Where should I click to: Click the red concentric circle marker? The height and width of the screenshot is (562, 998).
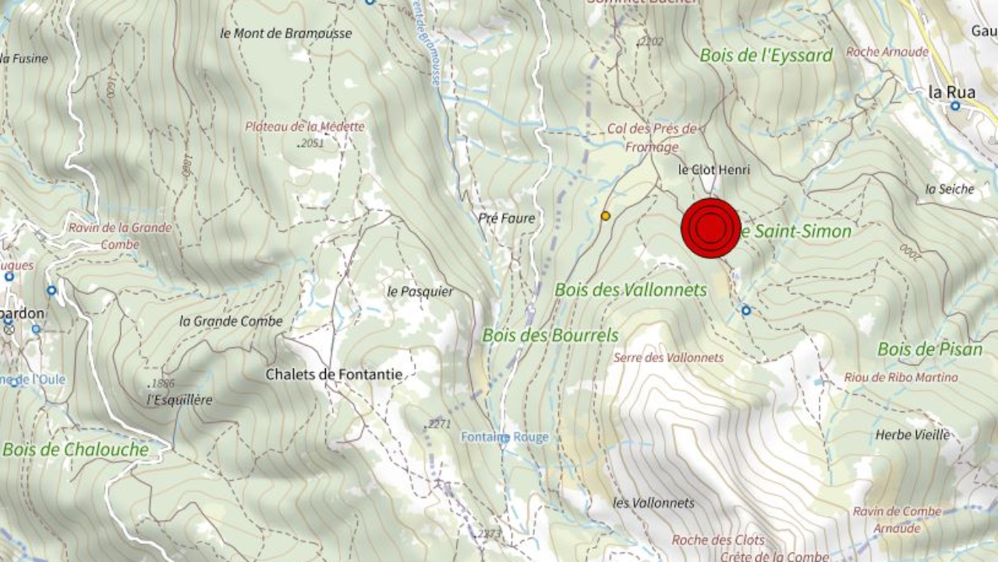710,228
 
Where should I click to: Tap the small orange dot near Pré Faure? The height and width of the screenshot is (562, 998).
605,215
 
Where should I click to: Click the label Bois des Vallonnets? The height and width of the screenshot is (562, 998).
630,290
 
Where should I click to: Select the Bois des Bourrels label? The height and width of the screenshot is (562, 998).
550,336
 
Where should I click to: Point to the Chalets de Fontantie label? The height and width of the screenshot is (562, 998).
334,375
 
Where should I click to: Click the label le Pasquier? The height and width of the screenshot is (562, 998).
419,292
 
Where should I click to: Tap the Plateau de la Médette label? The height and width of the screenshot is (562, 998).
304,126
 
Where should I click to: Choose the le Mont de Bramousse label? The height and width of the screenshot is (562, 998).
286,34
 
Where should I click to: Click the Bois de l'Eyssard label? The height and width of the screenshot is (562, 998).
766,55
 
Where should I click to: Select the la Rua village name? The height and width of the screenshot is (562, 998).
951,92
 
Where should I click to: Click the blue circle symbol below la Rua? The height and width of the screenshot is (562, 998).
954,106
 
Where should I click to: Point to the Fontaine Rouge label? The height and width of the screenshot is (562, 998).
504,437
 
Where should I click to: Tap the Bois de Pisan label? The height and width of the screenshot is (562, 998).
929,349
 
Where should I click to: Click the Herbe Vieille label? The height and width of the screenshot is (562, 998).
912,435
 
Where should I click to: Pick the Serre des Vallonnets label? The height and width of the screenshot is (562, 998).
668,357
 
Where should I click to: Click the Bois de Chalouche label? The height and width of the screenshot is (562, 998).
75,450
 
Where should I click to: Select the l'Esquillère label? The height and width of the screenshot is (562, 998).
179,400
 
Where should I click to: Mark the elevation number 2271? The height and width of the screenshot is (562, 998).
439,424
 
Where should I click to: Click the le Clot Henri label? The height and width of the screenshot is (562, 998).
713,169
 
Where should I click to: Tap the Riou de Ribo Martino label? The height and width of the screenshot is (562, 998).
901,378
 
